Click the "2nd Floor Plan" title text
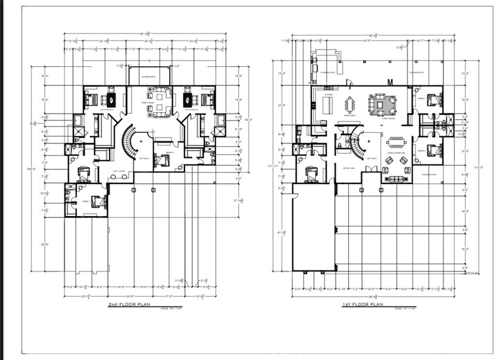[129, 305]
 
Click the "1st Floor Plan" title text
[362, 305]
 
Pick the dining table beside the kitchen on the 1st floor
[349, 104]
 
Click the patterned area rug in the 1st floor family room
[383, 103]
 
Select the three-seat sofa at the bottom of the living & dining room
[397, 180]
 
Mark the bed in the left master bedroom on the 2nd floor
[90, 100]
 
